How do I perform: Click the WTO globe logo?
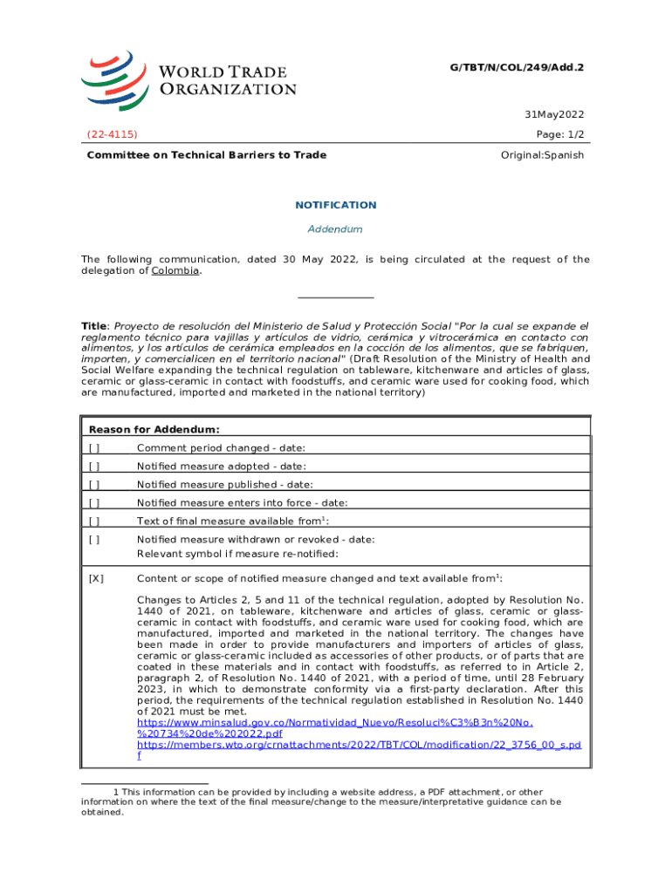coord(116,81)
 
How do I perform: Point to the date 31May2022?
coord(554,115)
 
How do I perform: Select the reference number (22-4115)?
coord(111,134)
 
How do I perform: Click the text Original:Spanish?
coord(542,155)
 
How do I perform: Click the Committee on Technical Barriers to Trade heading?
coord(206,155)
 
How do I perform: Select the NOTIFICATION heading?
coord(335,205)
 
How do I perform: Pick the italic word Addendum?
coord(335,229)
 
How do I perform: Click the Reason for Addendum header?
coord(154,429)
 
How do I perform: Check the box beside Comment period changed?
coord(94,448)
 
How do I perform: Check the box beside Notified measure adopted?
coord(94,467)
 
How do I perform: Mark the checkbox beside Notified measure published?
coord(94,485)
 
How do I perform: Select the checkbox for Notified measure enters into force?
coord(94,502)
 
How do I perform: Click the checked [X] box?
coord(96,578)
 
